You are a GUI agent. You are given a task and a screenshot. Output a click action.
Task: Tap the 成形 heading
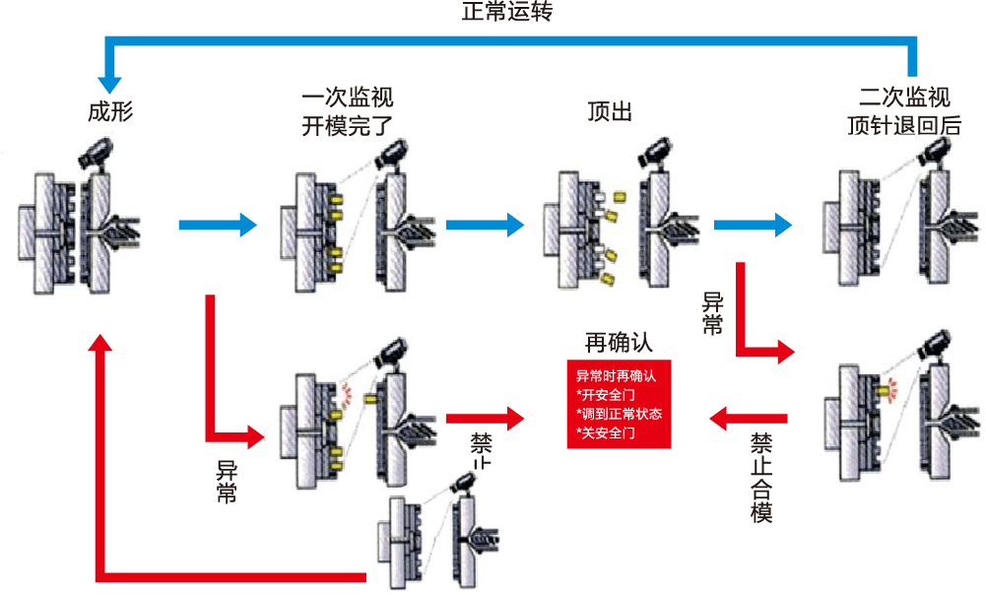[x=110, y=111]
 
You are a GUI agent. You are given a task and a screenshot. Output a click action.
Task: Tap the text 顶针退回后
[x=904, y=125]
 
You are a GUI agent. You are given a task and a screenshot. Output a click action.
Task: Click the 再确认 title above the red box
[x=619, y=343]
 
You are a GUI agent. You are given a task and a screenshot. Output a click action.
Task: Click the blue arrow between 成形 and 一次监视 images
[x=218, y=226]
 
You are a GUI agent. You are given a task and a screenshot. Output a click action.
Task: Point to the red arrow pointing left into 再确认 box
[x=749, y=420]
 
